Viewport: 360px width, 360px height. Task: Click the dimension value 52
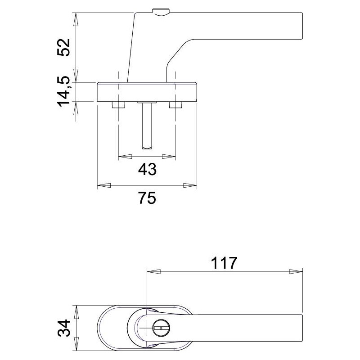pyautogui.click(x=63, y=47)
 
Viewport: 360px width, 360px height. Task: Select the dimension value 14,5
pyautogui.click(x=63, y=91)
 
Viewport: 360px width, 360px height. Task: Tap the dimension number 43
pyautogui.click(x=147, y=169)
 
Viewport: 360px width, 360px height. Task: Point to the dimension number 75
pyautogui.click(x=147, y=198)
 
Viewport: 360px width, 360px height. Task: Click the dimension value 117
pyautogui.click(x=224, y=263)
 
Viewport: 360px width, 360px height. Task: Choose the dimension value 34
pyautogui.click(x=63, y=328)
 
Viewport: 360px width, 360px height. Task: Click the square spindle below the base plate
pyautogui.click(x=147, y=126)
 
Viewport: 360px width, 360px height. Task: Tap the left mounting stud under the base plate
pyautogui.click(x=118, y=105)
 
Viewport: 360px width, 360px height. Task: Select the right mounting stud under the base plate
pyautogui.click(x=175, y=105)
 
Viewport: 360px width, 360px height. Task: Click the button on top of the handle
pyautogui.click(x=161, y=12)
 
